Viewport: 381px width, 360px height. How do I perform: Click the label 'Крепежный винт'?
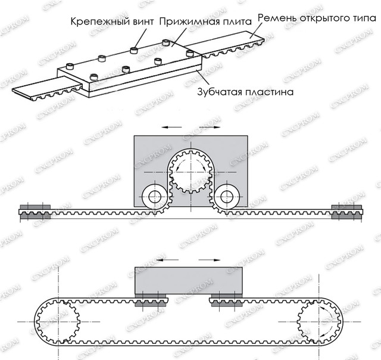tap(112, 21)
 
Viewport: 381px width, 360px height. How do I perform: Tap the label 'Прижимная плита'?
tap(205, 21)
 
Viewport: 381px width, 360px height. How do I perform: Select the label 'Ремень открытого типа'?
tap(317, 18)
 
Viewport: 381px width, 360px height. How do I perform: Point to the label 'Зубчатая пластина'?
tap(245, 92)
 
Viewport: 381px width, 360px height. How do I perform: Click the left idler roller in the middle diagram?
tap(155, 197)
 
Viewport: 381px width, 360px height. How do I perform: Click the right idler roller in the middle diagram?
tap(227, 197)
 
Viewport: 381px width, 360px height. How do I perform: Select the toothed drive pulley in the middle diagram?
tap(190, 172)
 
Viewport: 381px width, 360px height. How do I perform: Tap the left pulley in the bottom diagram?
tap(58, 322)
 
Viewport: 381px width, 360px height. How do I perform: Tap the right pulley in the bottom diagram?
tap(319, 322)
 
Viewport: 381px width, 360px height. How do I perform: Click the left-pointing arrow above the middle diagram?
tap(172, 127)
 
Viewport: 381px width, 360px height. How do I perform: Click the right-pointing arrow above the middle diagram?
tap(210, 127)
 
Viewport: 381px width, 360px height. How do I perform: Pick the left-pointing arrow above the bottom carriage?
tap(167, 260)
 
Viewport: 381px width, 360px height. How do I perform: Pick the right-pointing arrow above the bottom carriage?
tap(210, 260)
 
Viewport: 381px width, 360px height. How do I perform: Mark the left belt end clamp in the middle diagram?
tap(35, 212)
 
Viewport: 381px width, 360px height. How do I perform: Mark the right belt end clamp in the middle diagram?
tap(346, 212)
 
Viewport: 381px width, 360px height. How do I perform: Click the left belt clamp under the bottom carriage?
tap(151, 300)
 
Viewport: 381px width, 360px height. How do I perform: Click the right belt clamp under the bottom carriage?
tap(227, 300)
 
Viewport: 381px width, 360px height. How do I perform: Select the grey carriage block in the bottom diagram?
tap(189, 280)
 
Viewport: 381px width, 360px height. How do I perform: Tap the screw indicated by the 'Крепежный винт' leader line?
tap(134, 50)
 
